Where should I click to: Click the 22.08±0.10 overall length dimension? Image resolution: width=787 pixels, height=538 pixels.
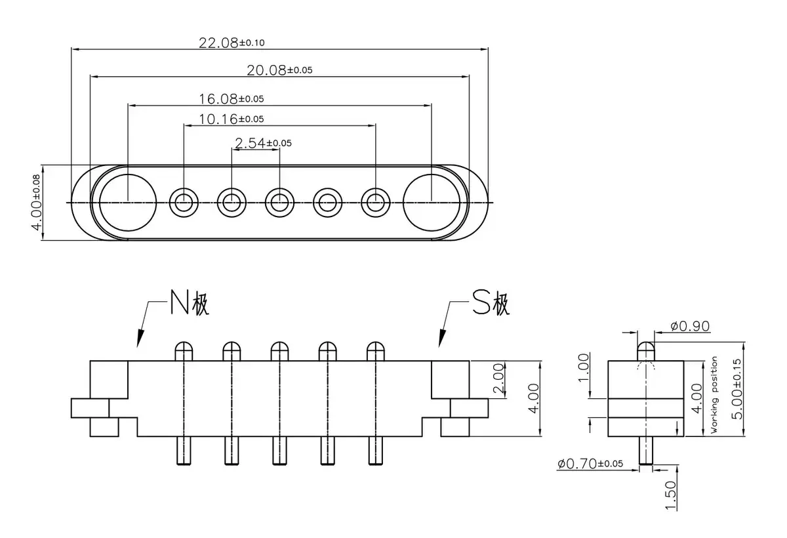click(x=232, y=43)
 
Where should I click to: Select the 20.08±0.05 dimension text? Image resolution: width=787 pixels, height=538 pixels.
click(x=279, y=70)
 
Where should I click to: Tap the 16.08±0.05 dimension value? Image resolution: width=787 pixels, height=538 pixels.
click(x=231, y=99)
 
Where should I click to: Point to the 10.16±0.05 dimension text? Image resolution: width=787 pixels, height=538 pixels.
click(x=231, y=119)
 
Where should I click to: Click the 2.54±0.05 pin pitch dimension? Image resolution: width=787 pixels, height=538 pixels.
click(x=263, y=143)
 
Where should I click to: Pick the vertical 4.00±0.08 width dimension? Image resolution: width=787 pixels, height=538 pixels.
click(x=37, y=203)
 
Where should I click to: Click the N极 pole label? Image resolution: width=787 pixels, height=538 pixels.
click(x=190, y=302)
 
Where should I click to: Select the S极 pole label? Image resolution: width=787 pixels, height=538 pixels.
click(x=491, y=302)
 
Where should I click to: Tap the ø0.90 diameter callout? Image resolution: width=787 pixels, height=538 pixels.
click(x=690, y=326)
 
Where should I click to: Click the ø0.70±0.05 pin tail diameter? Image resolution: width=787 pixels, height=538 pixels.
click(x=590, y=463)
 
